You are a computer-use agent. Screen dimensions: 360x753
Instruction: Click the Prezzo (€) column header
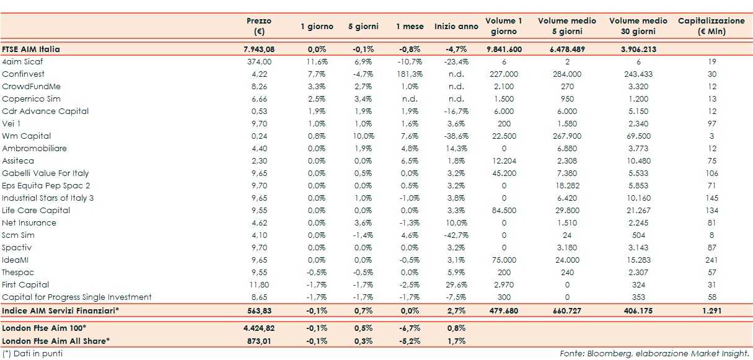tap(259, 26)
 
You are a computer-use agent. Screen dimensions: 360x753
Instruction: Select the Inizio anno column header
tap(456, 27)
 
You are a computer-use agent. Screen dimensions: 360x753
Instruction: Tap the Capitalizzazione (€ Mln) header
tap(711, 26)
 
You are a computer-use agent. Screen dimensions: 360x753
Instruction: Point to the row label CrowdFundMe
tap(31, 87)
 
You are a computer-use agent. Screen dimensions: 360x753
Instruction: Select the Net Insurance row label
tap(29, 223)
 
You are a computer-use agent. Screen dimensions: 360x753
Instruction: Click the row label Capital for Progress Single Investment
tap(77, 297)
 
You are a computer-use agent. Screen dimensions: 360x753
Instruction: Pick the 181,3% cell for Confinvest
tap(410, 74)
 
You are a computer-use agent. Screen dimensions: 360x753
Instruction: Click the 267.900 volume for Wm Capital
tap(567, 136)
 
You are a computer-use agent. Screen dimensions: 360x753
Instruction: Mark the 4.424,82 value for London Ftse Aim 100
tap(259, 328)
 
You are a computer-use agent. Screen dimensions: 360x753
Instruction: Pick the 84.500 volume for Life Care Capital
tap(504, 211)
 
